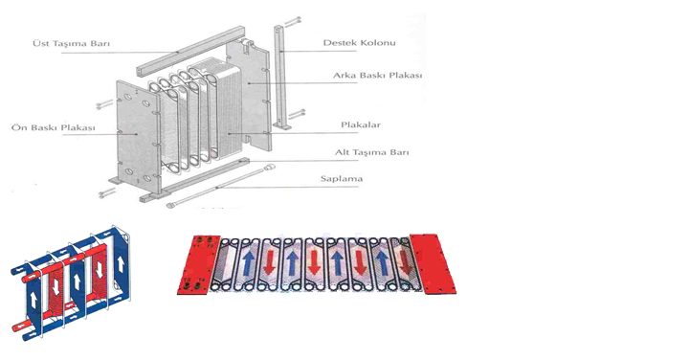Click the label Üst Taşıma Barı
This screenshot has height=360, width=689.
tap(71, 43)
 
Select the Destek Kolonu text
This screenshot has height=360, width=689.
tap(360, 43)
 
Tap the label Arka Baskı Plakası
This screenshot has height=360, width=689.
tap(377, 76)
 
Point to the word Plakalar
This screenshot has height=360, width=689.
tap(361, 124)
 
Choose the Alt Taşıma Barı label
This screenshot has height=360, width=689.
tap(371, 152)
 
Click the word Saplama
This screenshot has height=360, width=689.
tap(342, 179)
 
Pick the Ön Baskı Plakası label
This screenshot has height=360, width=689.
tap(54, 128)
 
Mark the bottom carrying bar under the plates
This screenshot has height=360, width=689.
tap(195, 179)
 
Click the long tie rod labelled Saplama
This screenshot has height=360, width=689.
tap(221, 185)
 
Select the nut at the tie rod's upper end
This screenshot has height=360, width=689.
tap(271, 167)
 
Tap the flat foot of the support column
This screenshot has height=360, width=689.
tap(281, 126)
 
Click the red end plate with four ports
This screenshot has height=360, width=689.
tap(197, 265)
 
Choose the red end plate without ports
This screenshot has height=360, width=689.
tap(433, 263)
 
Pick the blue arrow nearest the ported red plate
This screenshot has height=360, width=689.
tap(248, 263)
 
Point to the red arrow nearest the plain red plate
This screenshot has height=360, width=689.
tap(405, 262)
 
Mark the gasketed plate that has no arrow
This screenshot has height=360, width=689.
tap(227, 264)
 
